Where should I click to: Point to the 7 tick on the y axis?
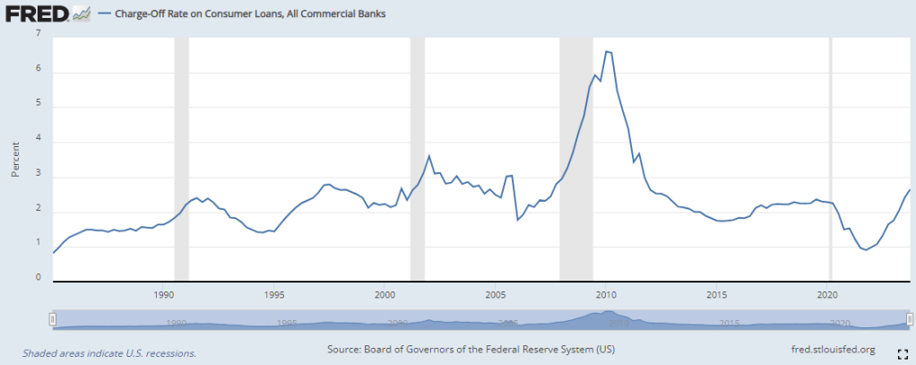point(38,34)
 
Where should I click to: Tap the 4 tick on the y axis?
point(38,142)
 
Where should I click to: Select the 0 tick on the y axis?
point(38,278)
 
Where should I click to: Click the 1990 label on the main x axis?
point(163,294)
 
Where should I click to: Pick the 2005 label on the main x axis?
point(495,294)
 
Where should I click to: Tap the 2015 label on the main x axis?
point(715,294)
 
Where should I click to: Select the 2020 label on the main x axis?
point(826,294)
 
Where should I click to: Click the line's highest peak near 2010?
point(607,51)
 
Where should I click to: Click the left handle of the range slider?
point(54,318)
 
